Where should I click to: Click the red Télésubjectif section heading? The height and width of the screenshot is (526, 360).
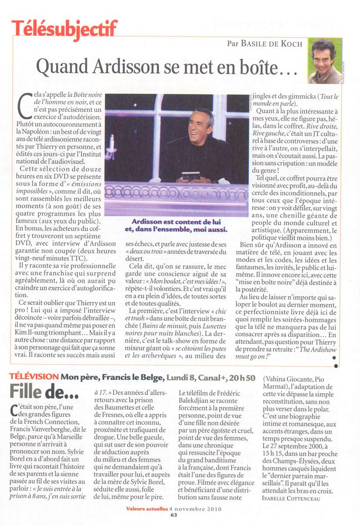tap(65, 28)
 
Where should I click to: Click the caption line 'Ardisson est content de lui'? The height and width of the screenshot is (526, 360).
tap(176, 221)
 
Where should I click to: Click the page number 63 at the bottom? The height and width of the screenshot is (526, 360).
tap(174, 515)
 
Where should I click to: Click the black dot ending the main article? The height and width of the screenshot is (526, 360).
tap(335, 365)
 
